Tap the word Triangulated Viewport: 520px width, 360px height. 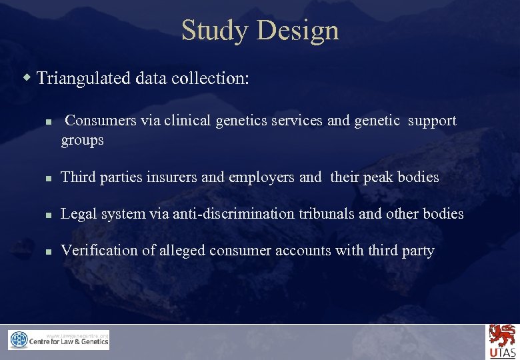(84, 79)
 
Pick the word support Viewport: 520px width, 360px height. (432, 121)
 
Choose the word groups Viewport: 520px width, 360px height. (83, 141)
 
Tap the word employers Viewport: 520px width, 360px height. (261, 177)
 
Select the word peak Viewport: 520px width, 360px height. (378, 177)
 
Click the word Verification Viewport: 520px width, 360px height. (95, 251)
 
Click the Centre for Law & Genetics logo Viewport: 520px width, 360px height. (59, 340)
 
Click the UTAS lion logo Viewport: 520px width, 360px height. (502, 341)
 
